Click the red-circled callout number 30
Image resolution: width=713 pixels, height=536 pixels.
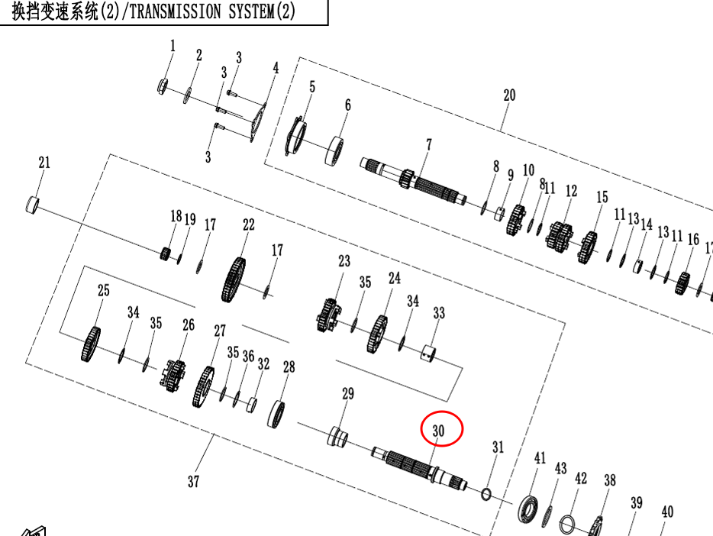click(x=438, y=431)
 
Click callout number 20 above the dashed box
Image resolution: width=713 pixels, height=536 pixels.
click(x=509, y=95)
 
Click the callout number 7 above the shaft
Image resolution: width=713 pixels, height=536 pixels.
click(x=429, y=144)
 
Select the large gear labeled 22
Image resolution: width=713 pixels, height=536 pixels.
click(x=234, y=280)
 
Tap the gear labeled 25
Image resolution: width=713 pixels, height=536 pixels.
click(x=91, y=344)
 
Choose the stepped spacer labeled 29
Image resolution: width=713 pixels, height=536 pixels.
click(x=338, y=437)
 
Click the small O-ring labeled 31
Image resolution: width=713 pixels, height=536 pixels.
click(x=486, y=494)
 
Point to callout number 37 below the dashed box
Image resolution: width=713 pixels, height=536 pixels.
click(x=194, y=481)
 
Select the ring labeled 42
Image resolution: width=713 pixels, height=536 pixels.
click(x=567, y=525)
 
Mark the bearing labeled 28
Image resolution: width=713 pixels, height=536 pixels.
click(x=276, y=414)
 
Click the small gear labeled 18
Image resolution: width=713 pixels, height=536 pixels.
click(x=166, y=253)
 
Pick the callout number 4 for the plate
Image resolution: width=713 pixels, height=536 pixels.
click(x=276, y=68)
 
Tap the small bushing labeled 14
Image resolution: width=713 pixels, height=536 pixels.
click(x=638, y=266)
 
